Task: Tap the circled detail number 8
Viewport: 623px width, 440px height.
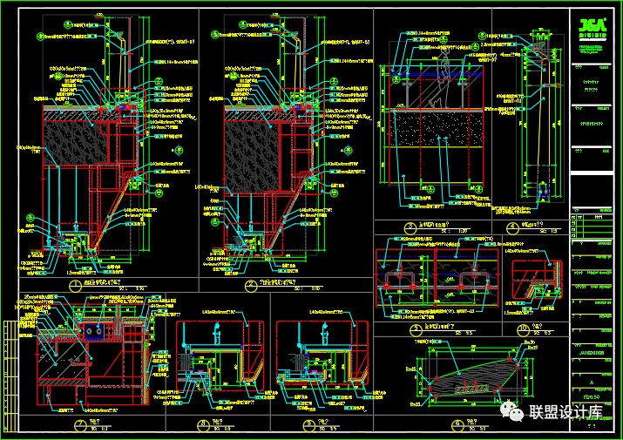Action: coord(202,425)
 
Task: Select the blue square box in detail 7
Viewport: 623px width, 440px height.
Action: coord(91,330)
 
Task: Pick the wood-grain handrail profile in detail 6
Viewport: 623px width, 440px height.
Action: coord(475,379)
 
